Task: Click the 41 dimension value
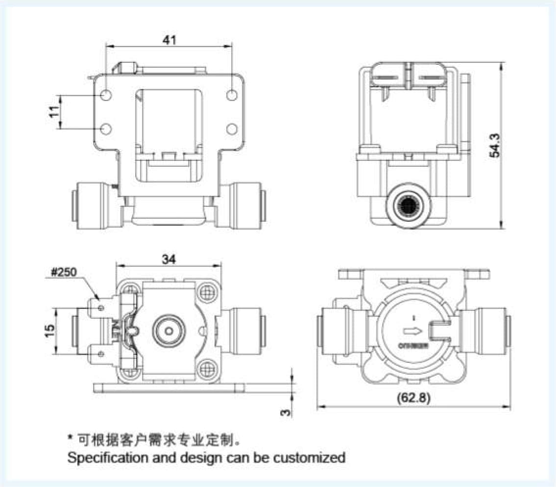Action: point(169,40)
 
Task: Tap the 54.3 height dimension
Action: point(495,145)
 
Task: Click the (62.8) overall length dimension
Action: point(414,398)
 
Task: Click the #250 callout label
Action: point(64,273)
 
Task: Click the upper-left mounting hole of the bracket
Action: point(106,95)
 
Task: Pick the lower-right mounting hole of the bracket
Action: point(232,128)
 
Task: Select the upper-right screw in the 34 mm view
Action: point(207,293)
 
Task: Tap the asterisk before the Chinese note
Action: point(71,436)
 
